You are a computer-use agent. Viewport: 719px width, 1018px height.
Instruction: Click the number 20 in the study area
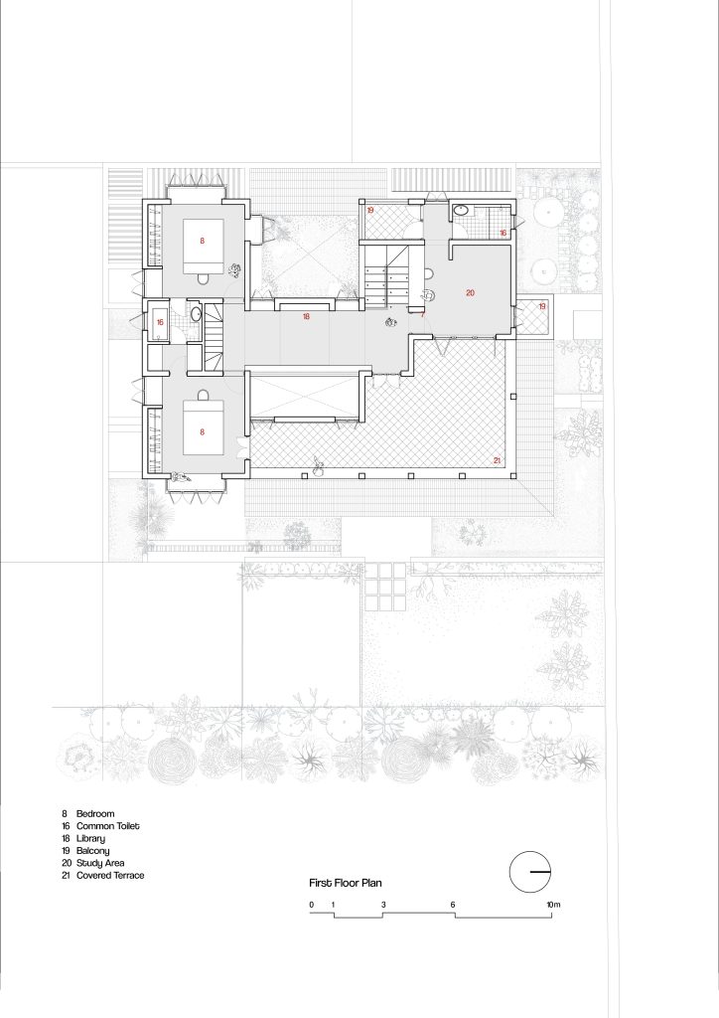click(x=470, y=293)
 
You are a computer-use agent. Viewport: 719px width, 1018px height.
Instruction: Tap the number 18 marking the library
click(x=306, y=317)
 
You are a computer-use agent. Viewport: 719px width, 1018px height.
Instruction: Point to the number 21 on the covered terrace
click(x=498, y=460)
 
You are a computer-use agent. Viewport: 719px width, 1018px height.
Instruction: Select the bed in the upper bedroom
click(x=203, y=247)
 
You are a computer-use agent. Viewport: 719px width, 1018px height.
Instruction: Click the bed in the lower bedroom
click(x=203, y=427)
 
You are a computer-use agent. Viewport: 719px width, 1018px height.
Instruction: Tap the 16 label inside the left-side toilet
click(x=160, y=322)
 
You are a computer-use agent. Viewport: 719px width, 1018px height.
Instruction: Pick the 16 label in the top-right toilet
click(x=503, y=233)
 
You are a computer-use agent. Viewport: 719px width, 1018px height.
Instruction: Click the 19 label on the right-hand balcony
click(x=542, y=306)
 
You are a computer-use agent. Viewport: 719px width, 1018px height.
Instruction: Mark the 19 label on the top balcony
click(x=370, y=211)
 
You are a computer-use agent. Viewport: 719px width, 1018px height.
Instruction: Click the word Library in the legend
click(x=90, y=839)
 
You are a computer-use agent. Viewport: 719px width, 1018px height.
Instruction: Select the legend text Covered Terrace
click(x=110, y=875)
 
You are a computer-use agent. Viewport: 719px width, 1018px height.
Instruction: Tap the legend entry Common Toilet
click(x=107, y=826)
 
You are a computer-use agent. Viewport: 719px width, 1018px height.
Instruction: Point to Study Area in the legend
click(x=100, y=863)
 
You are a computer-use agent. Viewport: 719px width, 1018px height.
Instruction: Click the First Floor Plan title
click(x=345, y=883)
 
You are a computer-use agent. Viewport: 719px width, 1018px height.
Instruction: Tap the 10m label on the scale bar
click(x=553, y=905)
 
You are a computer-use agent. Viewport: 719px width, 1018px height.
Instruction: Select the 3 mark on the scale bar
click(x=383, y=905)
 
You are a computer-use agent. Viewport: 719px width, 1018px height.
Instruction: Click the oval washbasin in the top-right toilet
click(x=461, y=211)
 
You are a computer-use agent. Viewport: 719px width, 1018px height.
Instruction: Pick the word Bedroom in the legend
click(x=95, y=813)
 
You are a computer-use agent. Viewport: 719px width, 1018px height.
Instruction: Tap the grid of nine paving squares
click(x=385, y=587)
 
